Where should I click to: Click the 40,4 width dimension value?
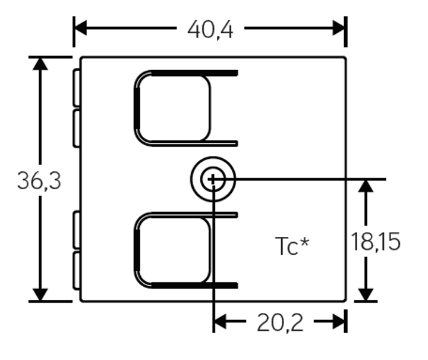pyautogui.click(x=210, y=29)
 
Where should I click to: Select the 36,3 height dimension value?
pyautogui.click(x=39, y=181)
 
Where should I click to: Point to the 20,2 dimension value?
pyautogui.click(x=280, y=323)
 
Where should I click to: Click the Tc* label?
pyautogui.click(x=293, y=246)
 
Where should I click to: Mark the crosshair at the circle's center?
pyautogui.click(x=213, y=179)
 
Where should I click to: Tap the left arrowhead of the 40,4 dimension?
pyautogui.click(x=81, y=28)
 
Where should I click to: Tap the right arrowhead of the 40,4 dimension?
pyautogui.click(x=339, y=28)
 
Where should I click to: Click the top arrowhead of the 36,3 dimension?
pyautogui.click(x=40, y=63)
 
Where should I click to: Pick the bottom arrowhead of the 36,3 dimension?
pyautogui.click(x=40, y=295)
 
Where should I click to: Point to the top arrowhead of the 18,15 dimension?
pyautogui.click(x=367, y=185)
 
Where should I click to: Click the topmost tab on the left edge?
pyautogui.click(x=77, y=87)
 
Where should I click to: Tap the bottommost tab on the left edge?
pyautogui.click(x=77, y=270)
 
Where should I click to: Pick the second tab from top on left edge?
pyautogui.click(x=77, y=127)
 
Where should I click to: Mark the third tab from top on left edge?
pyautogui.click(x=77, y=229)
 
